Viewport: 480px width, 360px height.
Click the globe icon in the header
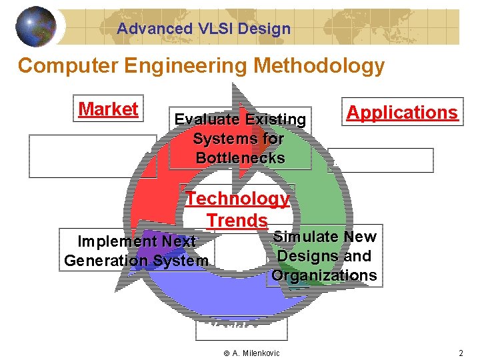(x=36, y=27)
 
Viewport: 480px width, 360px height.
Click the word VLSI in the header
(x=216, y=29)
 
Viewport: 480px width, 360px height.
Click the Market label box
(x=108, y=109)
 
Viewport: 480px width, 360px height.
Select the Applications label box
(x=402, y=112)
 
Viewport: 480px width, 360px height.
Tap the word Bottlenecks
(x=240, y=159)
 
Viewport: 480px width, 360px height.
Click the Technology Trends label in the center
(x=237, y=209)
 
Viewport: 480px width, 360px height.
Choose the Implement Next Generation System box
(x=136, y=251)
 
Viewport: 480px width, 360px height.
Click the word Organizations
(x=324, y=275)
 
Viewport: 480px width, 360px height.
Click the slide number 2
(x=460, y=353)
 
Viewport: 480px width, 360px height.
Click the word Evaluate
(x=207, y=120)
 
